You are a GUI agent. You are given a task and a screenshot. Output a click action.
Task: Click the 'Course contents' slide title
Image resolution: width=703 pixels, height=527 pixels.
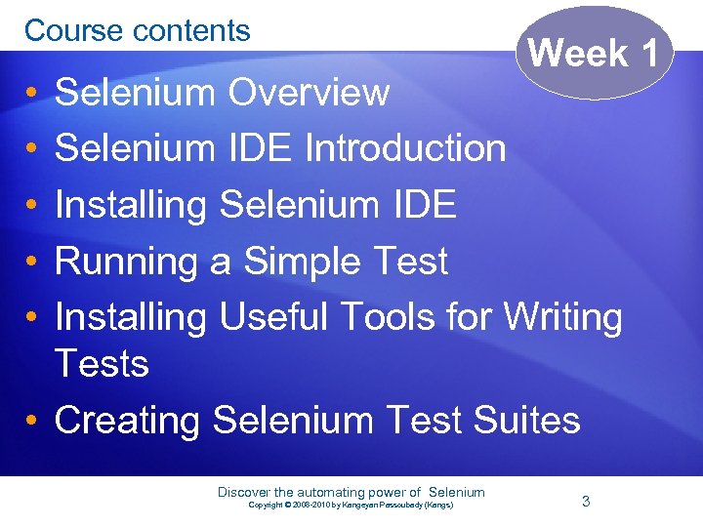tap(138, 30)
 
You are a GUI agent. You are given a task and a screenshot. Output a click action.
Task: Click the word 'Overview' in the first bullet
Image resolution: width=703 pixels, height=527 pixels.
tap(309, 93)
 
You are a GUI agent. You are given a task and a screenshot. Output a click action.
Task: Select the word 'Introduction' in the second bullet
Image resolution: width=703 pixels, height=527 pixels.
tap(405, 148)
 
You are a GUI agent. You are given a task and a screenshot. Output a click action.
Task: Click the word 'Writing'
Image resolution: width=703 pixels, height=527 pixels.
tap(564, 316)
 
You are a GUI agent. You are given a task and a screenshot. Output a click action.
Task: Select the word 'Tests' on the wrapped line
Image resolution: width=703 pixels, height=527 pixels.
tap(102, 364)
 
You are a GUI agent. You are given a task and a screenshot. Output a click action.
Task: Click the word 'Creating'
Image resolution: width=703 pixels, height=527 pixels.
tap(129, 421)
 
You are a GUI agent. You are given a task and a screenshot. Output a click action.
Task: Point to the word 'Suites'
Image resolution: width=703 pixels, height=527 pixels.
tap(527, 421)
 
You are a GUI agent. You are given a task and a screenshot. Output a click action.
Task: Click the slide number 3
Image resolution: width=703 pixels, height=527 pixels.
tap(586, 501)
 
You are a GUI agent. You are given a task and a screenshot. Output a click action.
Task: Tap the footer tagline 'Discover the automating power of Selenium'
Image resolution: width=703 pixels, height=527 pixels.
tap(351, 492)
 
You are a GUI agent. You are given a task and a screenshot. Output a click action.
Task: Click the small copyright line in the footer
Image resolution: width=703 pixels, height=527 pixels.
tap(351, 506)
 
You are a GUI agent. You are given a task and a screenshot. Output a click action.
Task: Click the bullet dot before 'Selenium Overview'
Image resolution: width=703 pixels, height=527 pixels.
tap(32, 94)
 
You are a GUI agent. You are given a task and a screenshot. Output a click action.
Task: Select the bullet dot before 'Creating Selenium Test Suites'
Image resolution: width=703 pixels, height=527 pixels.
tap(32, 422)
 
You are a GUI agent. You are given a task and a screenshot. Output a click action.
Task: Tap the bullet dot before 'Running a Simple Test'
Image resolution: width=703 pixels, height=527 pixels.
tap(32, 263)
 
